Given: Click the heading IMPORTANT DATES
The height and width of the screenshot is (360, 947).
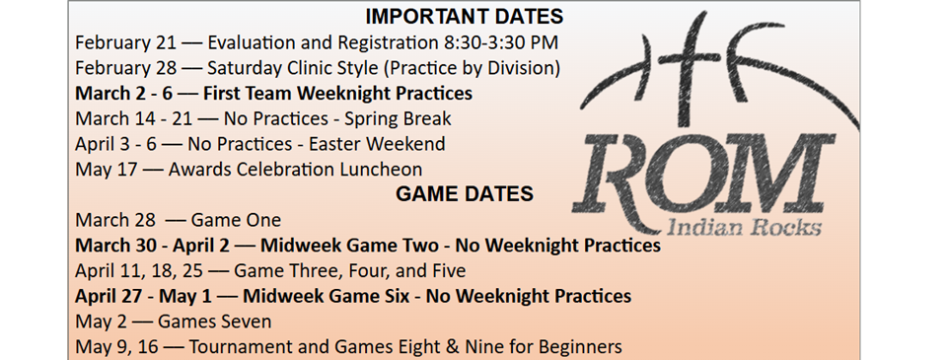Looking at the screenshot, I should (x=464, y=17).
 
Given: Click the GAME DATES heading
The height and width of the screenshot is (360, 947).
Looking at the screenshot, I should (x=464, y=193).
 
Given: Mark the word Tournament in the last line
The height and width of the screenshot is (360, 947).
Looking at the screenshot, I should (x=240, y=346).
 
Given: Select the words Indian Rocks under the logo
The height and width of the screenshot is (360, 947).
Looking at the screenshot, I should (x=744, y=228).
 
